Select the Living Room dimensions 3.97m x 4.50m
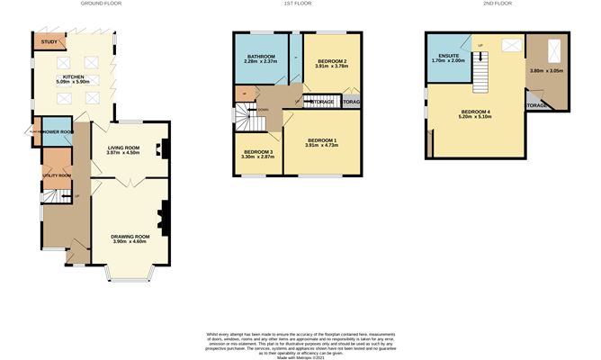click(x=125, y=153)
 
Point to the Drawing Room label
click(x=130, y=236)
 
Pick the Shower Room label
click(x=55, y=131)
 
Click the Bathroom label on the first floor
click(x=261, y=56)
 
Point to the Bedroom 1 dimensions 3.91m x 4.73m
click(x=321, y=146)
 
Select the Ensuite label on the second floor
click(x=447, y=57)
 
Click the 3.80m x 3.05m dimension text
click(x=547, y=71)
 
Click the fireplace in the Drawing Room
click(x=163, y=215)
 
